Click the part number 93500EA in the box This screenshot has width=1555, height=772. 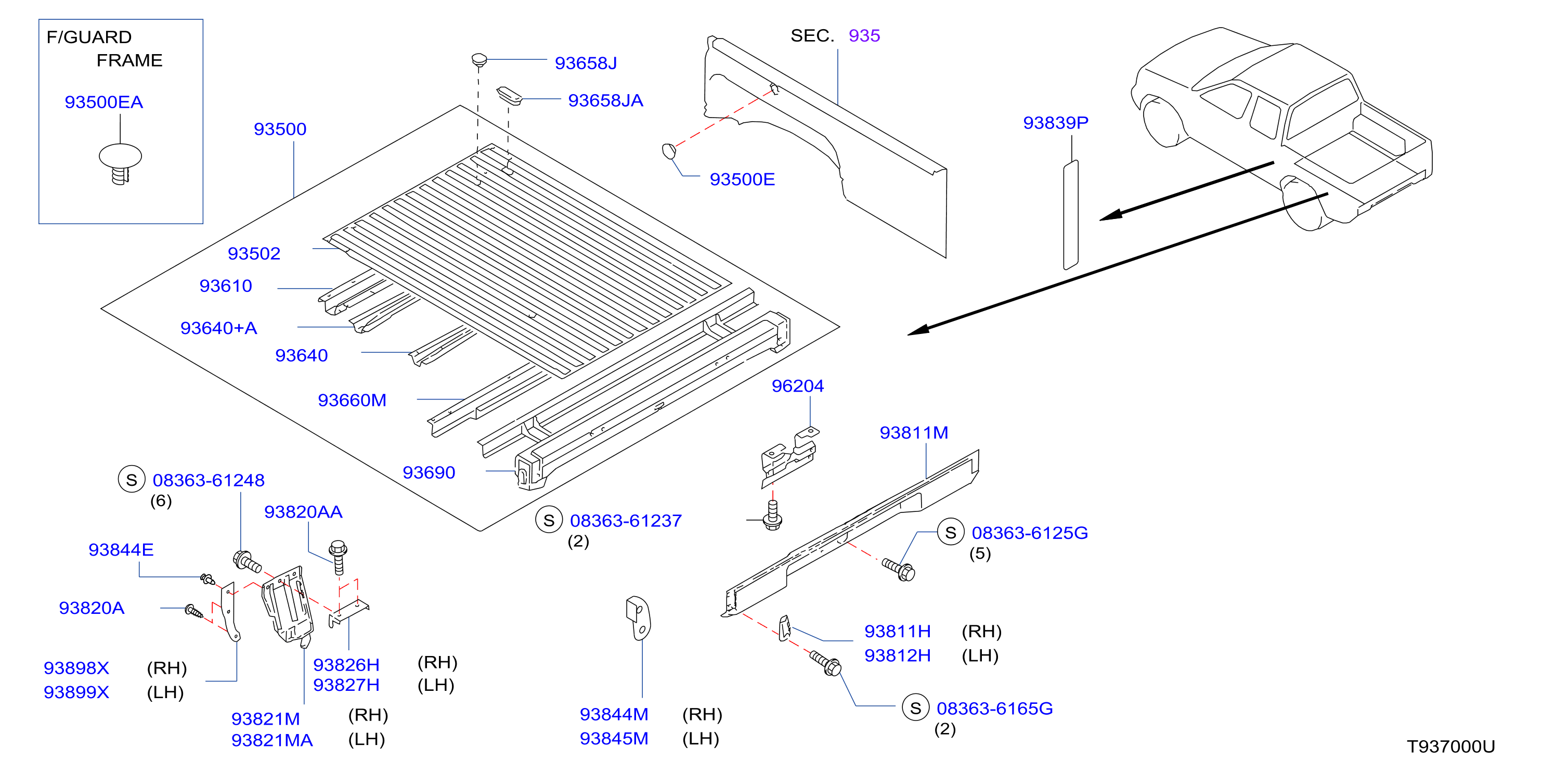click(x=104, y=102)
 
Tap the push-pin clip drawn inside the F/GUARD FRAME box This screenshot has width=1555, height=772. click(x=121, y=163)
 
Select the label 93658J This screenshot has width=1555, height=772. click(x=586, y=63)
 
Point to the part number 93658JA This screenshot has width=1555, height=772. click(x=605, y=100)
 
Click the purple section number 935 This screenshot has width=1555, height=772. click(x=864, y=35)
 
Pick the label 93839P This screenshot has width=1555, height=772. click(x=1055, y=123)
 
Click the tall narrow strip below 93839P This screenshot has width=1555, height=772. click(x=1070, y=214)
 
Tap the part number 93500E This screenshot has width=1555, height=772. click(x=742, y=179)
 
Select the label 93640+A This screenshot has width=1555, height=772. click(x=218, y=328)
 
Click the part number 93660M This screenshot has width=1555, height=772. click(x=352, y=400)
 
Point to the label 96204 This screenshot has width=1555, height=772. click(x=797, y=385)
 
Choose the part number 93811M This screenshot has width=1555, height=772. click(x=914, y=433)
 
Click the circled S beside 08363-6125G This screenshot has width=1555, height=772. click(x=951, y=532)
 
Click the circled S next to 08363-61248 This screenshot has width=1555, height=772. click(x=132, y=480)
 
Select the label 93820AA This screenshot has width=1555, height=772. click(x=303, y=512)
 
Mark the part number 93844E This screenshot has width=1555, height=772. click(x=121, y=550)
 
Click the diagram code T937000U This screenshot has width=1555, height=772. click(x=1450, y=747)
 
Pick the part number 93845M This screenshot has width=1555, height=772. click(x=614, y=738)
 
